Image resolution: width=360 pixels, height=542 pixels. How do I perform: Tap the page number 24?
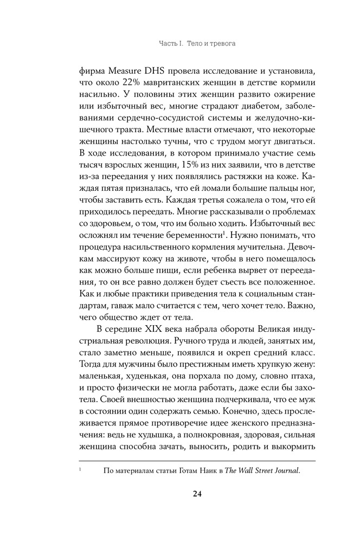(x=180, y=494)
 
